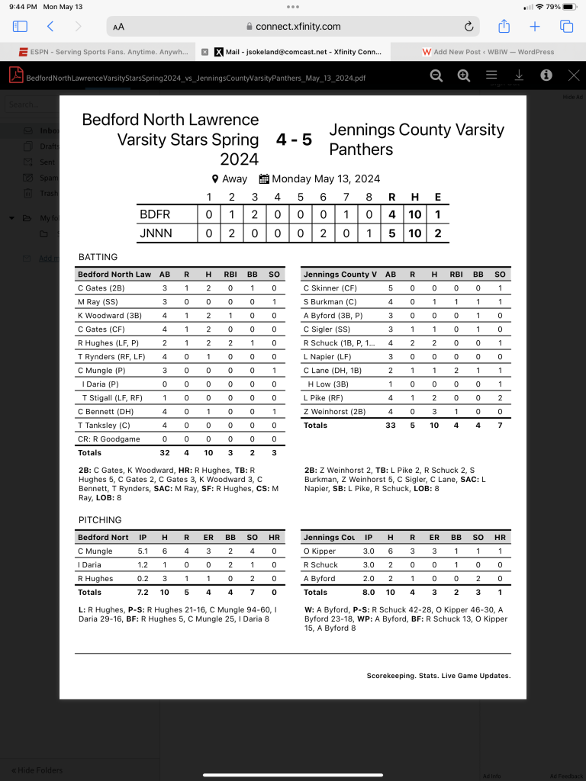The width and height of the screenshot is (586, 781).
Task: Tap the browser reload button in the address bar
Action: click(x=468, y=27)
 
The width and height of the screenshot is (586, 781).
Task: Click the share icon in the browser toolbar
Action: click(x=504, y=27)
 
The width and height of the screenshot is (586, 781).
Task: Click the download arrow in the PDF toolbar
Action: click(x=519, y=75)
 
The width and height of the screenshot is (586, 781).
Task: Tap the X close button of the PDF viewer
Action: click(x=574, y=75)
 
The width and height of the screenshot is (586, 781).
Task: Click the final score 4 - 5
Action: click(x=294, y=140)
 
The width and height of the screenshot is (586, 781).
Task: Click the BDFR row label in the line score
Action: click(x=155, y=215)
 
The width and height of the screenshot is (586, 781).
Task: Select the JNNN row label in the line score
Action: click(x=156, y=233)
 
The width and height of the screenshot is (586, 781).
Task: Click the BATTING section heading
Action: click(x=98, y=257)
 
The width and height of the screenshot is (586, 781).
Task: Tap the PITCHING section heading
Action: click(x=100, y=520)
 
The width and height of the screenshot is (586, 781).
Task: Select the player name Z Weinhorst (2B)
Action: click(x=334, y=412)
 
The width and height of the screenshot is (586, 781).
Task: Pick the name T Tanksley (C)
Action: click(x=104, y=426)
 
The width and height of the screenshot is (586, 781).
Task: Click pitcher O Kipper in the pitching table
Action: click(x=320, y=551)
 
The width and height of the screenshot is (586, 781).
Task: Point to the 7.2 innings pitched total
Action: click(x=143, y=592)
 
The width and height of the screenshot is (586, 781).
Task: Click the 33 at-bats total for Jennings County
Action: click(x=391, y=426)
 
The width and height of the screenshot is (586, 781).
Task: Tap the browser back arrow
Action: click(x=50, y=27)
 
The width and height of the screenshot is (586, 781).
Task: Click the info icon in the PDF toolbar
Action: click(x=546, y=75)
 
